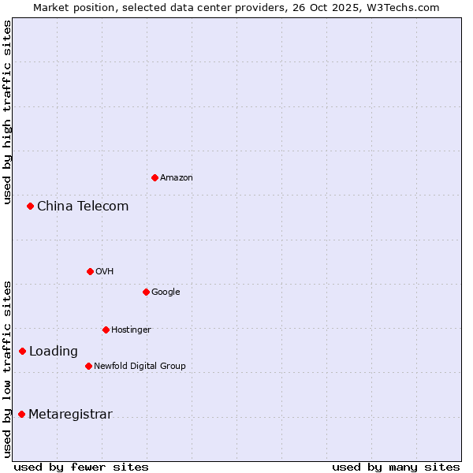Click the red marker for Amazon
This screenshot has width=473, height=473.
coord(155,177)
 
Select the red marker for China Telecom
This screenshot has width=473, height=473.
coord(30,206)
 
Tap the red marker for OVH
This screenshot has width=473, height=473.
coord(90,271)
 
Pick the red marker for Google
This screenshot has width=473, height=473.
coord(146,292)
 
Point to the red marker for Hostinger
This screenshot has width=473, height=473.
coord(106,330)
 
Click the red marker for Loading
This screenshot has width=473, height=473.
coord(22,351)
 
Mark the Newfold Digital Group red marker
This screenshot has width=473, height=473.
coord(88,366)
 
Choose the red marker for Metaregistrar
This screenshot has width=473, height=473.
coord(21,414)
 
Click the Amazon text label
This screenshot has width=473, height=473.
coord(177,178)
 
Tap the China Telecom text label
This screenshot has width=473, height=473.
coord(83,207)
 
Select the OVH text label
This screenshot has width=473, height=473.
coord(105,272)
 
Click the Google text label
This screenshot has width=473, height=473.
coord(166,292)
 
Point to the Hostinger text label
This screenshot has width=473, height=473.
coord(131,330)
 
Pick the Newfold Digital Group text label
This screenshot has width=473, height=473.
coord(140,366)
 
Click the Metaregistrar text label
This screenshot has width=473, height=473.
coord(70,415)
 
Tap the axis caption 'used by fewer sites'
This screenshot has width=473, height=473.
coord(81,467)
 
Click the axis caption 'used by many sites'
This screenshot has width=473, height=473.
coord(396,467)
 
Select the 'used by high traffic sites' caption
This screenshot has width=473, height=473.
coord(7,112)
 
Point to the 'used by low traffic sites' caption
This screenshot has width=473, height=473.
coord(7,368)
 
